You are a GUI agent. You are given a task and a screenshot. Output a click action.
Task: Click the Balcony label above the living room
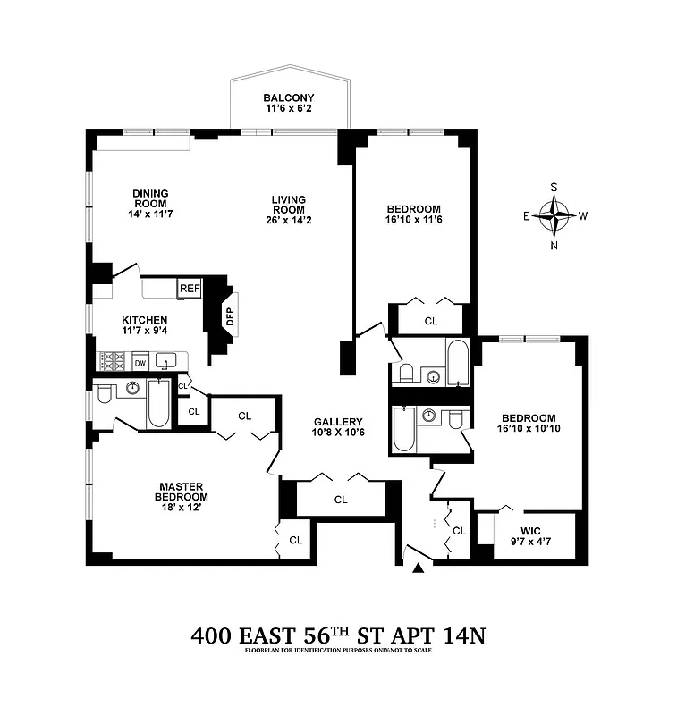click(288, 97)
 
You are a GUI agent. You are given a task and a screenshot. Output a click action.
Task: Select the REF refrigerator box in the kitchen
click(190, 288)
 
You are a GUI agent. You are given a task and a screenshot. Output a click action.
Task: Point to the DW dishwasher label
click(140, 363)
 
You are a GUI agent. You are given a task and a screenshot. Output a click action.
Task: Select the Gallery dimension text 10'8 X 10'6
click(338, 433)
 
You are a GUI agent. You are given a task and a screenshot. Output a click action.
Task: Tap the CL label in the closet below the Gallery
click(341, 500)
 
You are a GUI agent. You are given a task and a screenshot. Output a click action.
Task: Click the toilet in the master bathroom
click(104, 392)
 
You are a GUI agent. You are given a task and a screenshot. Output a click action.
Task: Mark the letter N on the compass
click(554, 246)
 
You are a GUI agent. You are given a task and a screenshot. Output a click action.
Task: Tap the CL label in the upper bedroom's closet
click(431, 320)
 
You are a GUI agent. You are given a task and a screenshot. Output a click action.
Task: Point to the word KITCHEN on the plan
click(145, 320)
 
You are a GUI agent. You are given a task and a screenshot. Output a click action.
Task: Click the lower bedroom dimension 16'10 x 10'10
click(528, 430)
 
